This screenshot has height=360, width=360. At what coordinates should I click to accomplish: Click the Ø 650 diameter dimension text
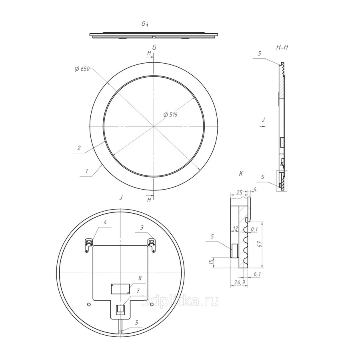[82, 69]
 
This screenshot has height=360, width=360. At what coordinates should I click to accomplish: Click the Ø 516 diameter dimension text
[170, 114]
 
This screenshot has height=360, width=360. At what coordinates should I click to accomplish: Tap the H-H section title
[282, 48]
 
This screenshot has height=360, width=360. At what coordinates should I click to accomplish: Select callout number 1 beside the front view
[86, 171]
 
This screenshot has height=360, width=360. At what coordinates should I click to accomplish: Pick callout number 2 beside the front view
[79, 148]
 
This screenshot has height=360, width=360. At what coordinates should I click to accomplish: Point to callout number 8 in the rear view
[140, 278]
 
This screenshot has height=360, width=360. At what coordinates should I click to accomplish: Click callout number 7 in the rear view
[138, 291]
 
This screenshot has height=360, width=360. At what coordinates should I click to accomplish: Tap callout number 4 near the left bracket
[105, 222]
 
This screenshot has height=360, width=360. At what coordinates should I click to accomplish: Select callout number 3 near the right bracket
[142, 228]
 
